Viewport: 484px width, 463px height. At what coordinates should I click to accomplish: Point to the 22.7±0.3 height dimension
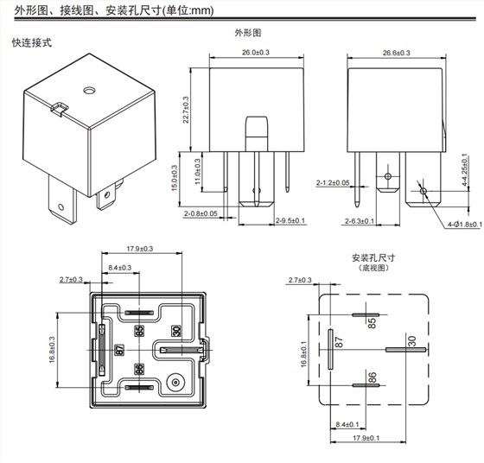pyautogui.click(x=196, y=112)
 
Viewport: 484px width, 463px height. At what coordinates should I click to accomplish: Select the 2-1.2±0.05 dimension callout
pyautogui.click(x=333, y=183)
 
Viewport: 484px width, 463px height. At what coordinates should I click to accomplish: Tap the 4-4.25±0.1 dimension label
pyautogui.click(x=464, y=171)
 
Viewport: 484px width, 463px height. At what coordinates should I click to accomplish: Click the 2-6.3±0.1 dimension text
pyautogui.click(x=333, y=221)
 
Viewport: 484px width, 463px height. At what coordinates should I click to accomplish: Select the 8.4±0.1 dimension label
pyautogui.click(x=353, y=424)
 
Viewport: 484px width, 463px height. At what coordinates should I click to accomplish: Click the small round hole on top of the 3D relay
pyautogui.click(x=87, y=89)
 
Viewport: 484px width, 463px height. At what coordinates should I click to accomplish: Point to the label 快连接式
pyautogui.click(x=33, y=42)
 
